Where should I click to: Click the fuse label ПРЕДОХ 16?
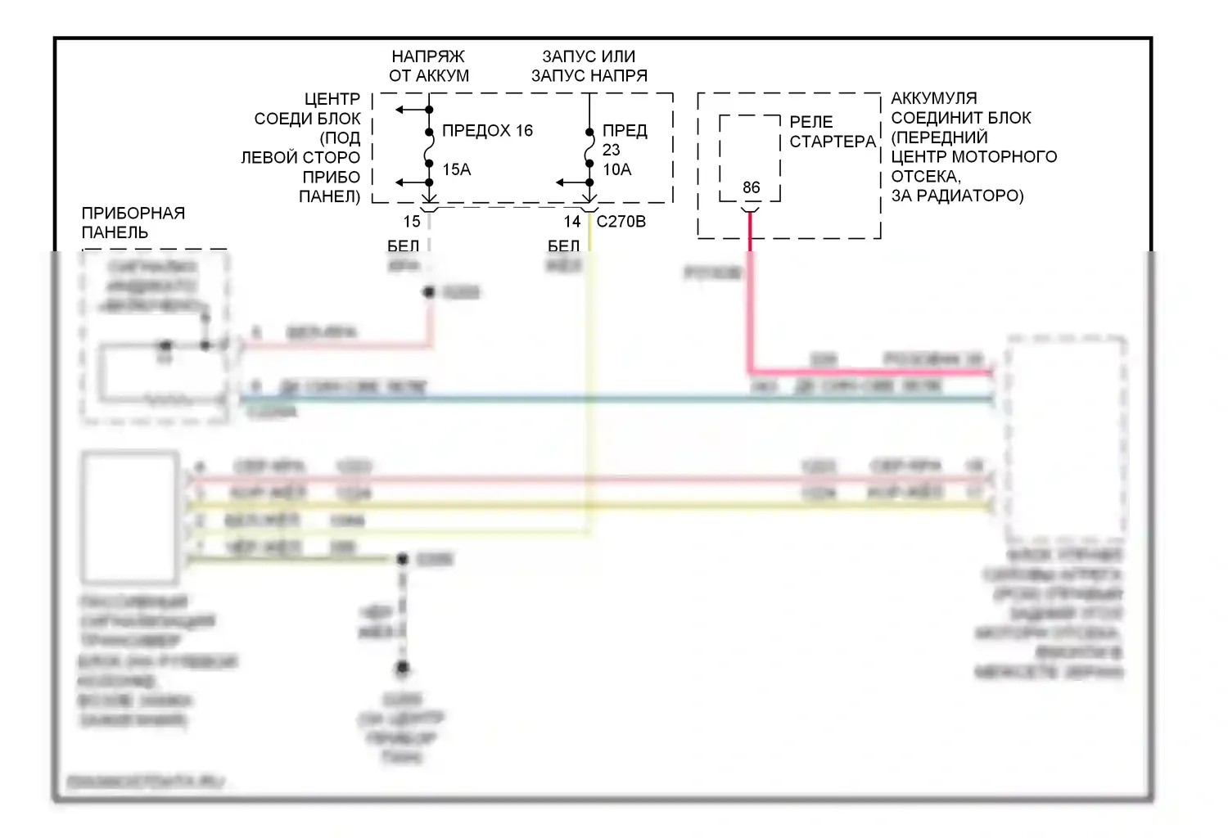(x=487, y=131)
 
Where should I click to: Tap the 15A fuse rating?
(x=457, y=169)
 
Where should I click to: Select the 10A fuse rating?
(x=617, y=169)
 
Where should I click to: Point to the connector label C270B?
(x=621, y=221)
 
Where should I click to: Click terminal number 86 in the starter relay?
(x=751, y=187)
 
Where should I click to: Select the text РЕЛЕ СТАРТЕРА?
(x=832, y=132)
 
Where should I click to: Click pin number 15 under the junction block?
(x=412, y=221)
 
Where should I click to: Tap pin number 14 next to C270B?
(x=572, y=221)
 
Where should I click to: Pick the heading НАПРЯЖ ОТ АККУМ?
(x=428, y=66)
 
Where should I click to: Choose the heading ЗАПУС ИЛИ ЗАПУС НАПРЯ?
(x=589, y=66)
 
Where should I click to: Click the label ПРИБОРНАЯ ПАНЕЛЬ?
(x=133, y=223)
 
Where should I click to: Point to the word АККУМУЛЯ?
(x=934, y=98)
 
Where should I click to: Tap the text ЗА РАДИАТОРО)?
(x=957, y=196)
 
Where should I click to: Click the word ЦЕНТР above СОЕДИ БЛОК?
(x=332, y=99)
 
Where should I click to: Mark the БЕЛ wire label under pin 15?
(x=403, y=246)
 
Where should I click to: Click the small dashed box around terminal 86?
(x=720, y=155)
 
